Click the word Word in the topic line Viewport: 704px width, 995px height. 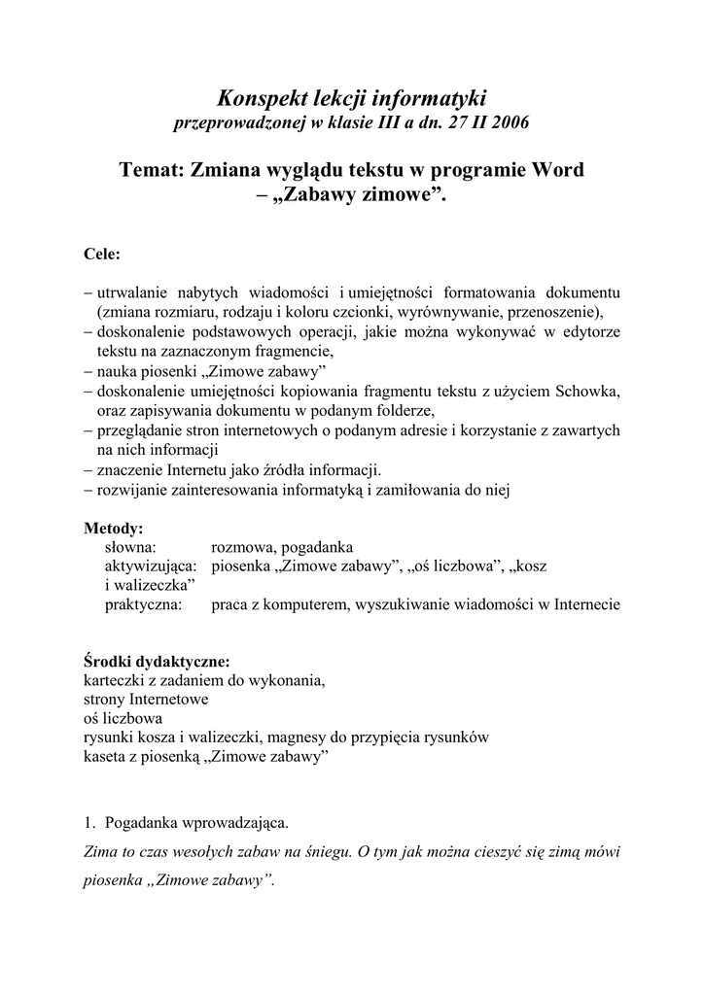[556, 170]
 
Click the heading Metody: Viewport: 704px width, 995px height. [114, 530]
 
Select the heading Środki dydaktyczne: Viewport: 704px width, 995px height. [158, 662]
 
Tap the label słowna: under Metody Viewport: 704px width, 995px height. [131, 547]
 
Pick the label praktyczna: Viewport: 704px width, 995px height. [146, 603]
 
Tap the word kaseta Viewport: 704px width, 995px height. [105, 756]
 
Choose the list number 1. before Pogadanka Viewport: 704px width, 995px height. [90, 824]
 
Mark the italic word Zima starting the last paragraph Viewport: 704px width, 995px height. [102, 852]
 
